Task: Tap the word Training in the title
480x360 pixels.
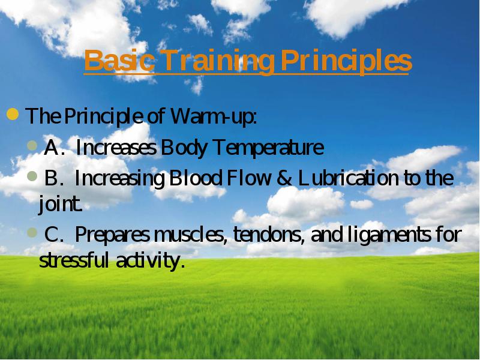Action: pyautogui.click(x=217, y=62)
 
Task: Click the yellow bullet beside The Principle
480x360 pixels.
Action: pyautogui.click(x=13, y=114)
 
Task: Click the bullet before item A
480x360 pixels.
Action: pyautogui.click(x=32, y=145)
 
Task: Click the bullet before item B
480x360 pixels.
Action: pyautogui.click(x=32, y=176)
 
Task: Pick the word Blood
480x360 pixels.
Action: pyautogui.click(x=196, y=178)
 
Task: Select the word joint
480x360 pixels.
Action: pyautogui.click(x=61, y=204)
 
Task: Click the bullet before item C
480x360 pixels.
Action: pyautogui.click(x=32, y=233)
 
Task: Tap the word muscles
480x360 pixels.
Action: pyautogui.click(x=191, y=235)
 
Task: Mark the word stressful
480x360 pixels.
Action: pyautogui.click(x=74, y=260)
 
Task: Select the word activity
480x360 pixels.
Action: pyautogui.click(x=151, y=261)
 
